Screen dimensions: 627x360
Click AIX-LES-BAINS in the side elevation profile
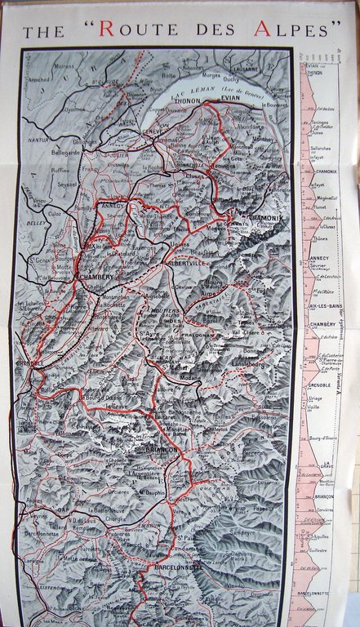tap(323, 305)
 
